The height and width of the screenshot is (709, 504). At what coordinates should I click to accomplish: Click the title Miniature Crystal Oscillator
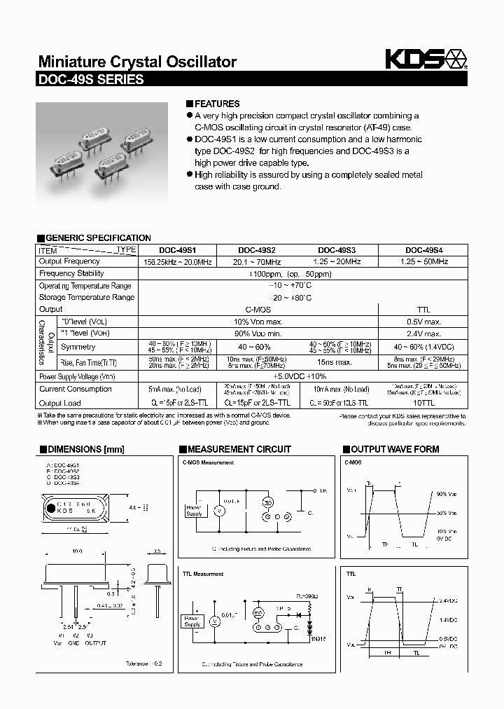136,62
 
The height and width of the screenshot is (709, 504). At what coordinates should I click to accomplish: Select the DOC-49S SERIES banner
91,79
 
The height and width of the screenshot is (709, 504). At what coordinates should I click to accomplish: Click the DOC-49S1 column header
177,250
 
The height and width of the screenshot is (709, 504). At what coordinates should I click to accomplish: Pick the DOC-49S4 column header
423,250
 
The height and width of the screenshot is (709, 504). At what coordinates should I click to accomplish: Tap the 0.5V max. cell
423,322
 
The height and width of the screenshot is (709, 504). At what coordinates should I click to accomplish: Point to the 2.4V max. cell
423,334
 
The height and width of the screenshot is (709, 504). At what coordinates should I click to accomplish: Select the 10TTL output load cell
423,403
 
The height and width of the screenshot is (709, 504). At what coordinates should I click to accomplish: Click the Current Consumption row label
75,389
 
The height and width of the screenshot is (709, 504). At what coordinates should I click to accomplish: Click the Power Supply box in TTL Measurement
192,621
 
